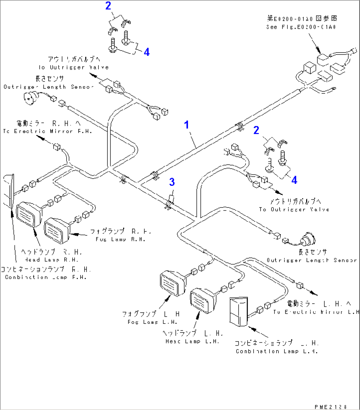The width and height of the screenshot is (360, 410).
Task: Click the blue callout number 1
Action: pos(187,125)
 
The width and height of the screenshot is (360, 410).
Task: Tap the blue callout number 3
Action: pos(172,182)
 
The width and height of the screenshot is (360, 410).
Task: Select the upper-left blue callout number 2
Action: pos(108,6)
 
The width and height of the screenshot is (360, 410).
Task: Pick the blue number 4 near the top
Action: pos(147,52)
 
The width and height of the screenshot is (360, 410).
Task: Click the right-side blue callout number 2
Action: pos(256,130)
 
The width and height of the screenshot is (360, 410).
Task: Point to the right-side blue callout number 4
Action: pos(294,180)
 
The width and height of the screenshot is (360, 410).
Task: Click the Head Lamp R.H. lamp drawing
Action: pos(28,214)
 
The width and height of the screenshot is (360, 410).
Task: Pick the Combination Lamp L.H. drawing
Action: pos(238,312)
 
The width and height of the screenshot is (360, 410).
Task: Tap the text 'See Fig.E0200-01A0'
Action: pos(301,27)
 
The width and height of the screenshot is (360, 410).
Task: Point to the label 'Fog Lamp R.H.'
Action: pos(120,239)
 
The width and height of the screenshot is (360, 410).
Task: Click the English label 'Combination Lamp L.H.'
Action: pos(276,351)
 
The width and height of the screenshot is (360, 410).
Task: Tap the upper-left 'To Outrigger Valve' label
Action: pos(73,67)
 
